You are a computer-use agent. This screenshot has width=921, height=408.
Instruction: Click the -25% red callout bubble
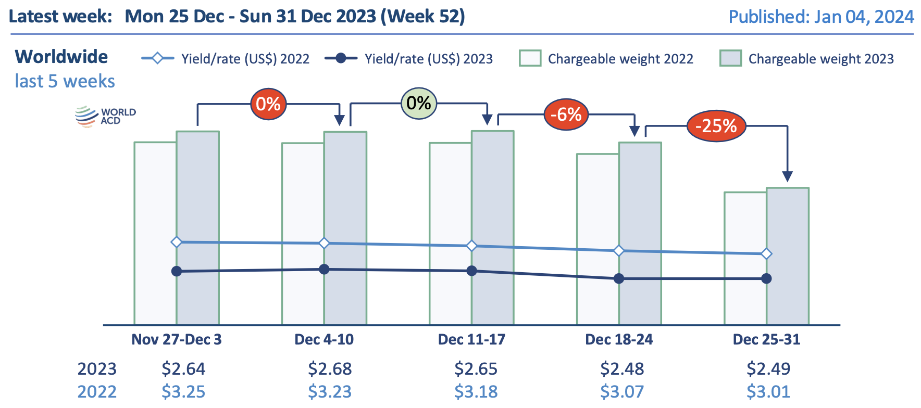(x=716, y=126)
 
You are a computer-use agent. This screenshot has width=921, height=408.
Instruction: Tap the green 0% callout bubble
(x=418, y=103)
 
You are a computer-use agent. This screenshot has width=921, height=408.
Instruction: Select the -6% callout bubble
(x=566, y=114)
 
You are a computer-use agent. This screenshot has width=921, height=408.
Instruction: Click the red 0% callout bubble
(x=268, y=104)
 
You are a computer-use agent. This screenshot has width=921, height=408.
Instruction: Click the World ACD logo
(x=105, y=116)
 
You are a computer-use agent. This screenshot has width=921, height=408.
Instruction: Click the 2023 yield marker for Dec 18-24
(x=619, y=278)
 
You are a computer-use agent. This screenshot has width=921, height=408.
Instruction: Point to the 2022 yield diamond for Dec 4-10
(x=324, y=243)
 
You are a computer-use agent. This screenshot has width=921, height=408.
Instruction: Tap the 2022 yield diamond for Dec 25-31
(x=766, y=254)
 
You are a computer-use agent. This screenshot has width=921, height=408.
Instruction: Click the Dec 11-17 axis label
(x=471, y=339)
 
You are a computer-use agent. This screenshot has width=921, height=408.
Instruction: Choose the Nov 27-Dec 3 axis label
(x=177, y=339)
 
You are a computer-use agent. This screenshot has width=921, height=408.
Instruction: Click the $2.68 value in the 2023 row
(x=330, y=368)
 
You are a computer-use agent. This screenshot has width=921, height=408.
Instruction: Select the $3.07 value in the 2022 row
(x=622, y=391)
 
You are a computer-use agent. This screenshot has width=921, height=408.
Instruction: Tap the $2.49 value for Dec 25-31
(x=768, y=368)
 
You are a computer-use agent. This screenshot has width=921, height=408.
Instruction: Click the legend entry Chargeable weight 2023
(x=807, y=58)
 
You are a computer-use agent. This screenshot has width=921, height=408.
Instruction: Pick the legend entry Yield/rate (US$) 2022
(x=226, y=58)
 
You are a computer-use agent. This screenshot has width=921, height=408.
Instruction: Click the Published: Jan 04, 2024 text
(x=820, y=17)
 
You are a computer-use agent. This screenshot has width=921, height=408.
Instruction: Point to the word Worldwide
(x=61, y=56)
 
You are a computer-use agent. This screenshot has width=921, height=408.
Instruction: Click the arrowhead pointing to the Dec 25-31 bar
(x=787, y=176)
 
